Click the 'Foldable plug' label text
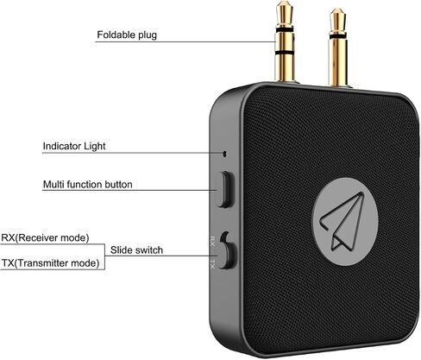coord(127,35)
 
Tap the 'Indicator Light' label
coord(74,146)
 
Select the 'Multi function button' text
coord(88,184)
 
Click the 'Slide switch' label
coord(136,250)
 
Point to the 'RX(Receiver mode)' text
coord(45,238)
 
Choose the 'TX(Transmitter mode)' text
coord(50,263)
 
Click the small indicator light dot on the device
coord(224,154)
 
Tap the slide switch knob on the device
coord(228,256)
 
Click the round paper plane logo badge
coord(345,222)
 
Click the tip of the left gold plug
coord(285,3)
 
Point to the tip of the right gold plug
coord(337,10)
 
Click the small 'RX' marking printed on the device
coord(212,241)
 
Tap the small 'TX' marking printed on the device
coord(212,263)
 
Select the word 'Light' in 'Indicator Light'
coord(95,146)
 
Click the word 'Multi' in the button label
coord(53,184)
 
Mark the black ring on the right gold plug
coord(338,36)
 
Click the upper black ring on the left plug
coord(285,29)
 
